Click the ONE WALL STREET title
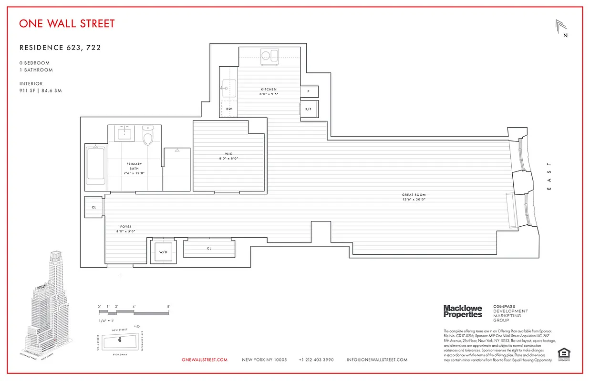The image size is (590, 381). pos(67,23)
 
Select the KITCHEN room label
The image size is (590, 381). pos(269,89)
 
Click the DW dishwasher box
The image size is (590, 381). pos(229,109)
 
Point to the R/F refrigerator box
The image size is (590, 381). pos(309,109)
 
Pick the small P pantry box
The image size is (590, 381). pos(309,91)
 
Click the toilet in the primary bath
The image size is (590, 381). pos(148,136)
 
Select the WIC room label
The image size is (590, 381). pos(228,154)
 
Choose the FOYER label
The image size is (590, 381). pos(126,227)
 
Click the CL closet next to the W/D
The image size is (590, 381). pos(209,249)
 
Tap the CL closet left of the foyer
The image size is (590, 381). pos(94,207)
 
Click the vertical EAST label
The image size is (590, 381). pos(549,176)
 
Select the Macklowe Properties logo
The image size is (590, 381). pos(463,311)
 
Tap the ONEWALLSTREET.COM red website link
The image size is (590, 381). pos(205,360)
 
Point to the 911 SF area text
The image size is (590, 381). pos(41,90)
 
